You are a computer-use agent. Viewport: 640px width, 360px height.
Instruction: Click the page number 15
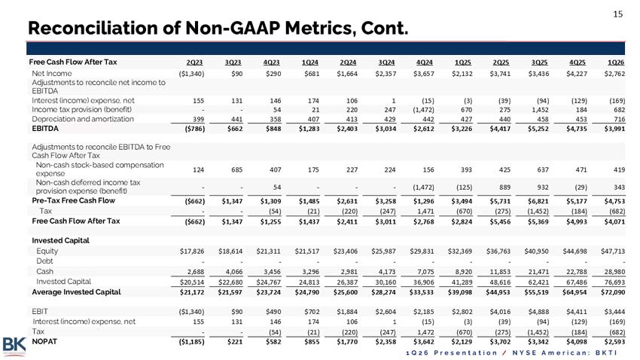click(617, 14)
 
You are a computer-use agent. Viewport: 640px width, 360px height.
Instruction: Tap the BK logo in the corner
click(14, 346)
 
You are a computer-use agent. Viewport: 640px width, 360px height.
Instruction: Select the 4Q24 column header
click(424, 63)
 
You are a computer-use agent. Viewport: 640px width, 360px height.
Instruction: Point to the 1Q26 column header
click(615, 63)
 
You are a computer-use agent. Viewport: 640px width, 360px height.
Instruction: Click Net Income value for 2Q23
click(191, 74)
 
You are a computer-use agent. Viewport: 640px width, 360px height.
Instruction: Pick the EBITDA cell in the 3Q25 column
click(538, 129)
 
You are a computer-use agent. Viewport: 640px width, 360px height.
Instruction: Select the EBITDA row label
click(45, 129)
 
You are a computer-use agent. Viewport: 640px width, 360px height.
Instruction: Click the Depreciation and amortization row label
click(83, 119)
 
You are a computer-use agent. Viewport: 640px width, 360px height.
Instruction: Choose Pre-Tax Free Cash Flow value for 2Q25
click(500, 201)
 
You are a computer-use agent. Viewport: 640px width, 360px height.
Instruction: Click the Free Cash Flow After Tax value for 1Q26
click(614, 221)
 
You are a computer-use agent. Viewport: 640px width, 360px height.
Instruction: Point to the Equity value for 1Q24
click(307, 252)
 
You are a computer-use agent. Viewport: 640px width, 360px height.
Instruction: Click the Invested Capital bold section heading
click(60, 240)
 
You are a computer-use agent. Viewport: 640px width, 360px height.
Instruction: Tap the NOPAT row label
click(44, 342)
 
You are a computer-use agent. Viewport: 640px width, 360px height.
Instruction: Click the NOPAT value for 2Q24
click(347, 342)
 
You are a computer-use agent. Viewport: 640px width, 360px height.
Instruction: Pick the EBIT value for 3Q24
click(386, 312)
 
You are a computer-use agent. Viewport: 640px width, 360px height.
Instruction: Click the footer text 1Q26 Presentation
click(452, 352)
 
